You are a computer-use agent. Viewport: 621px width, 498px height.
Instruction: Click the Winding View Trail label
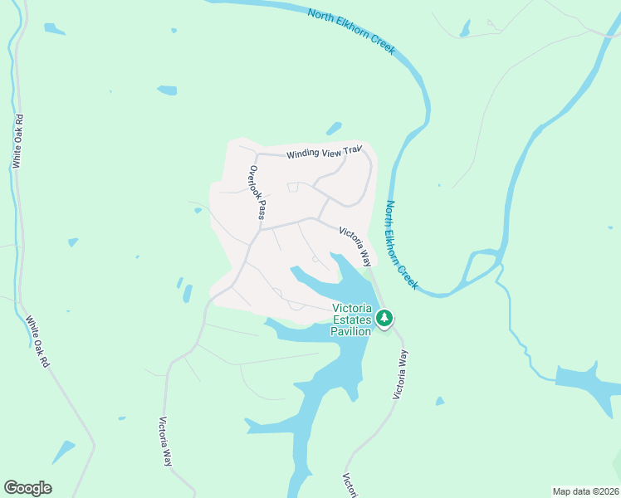(325, 152)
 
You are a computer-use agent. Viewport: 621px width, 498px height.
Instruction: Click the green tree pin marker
(384, 317)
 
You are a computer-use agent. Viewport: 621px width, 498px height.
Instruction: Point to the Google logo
(27, 488)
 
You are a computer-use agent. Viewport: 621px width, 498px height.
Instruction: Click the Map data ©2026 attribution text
(585, 491)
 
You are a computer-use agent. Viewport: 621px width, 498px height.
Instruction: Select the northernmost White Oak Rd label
(17, 141)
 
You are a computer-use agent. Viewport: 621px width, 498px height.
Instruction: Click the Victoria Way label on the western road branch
(165, 440)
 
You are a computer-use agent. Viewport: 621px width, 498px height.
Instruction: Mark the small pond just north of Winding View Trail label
(334, 129)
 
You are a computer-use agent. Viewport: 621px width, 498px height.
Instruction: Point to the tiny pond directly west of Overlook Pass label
(198, 210)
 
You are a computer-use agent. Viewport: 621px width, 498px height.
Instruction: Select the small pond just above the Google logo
(62, 452)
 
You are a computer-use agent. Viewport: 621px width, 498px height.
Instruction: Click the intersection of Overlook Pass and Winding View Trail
(257, 154)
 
